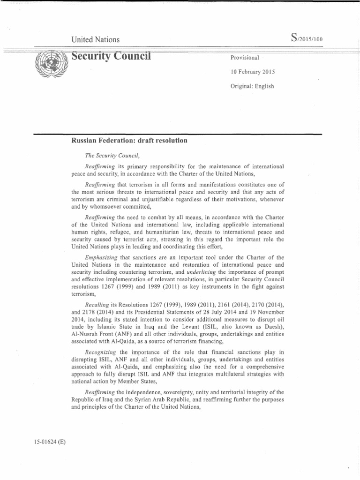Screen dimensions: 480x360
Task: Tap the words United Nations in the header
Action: [95, 40]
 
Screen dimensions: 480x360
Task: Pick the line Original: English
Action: [252, 86]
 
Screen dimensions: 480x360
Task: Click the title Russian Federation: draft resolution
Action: [129, 140]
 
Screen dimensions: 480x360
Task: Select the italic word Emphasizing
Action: [102, 258]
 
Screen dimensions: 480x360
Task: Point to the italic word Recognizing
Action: [100, 352]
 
